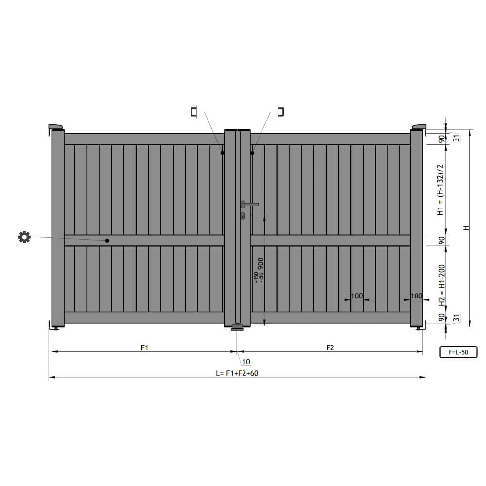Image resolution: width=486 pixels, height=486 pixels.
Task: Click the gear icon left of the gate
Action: (24, 237)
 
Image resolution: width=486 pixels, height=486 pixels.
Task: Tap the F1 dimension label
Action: (144, 347)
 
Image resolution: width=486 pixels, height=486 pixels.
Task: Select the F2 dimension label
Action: (330, 347)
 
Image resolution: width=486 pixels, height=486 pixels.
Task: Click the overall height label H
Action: (466, 228)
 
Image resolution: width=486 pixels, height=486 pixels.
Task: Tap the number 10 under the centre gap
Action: (246, 362)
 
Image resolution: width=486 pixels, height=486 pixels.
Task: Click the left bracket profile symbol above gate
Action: (194, 112)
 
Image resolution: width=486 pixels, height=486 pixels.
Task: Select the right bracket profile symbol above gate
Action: (280, 112)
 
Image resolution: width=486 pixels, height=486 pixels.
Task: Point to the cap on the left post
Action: (56, 127)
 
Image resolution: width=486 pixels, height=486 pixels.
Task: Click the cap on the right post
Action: (418, 127)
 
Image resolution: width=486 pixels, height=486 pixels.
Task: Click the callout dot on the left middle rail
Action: (107, 241)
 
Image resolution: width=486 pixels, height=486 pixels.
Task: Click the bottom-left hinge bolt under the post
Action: (56, 329)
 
